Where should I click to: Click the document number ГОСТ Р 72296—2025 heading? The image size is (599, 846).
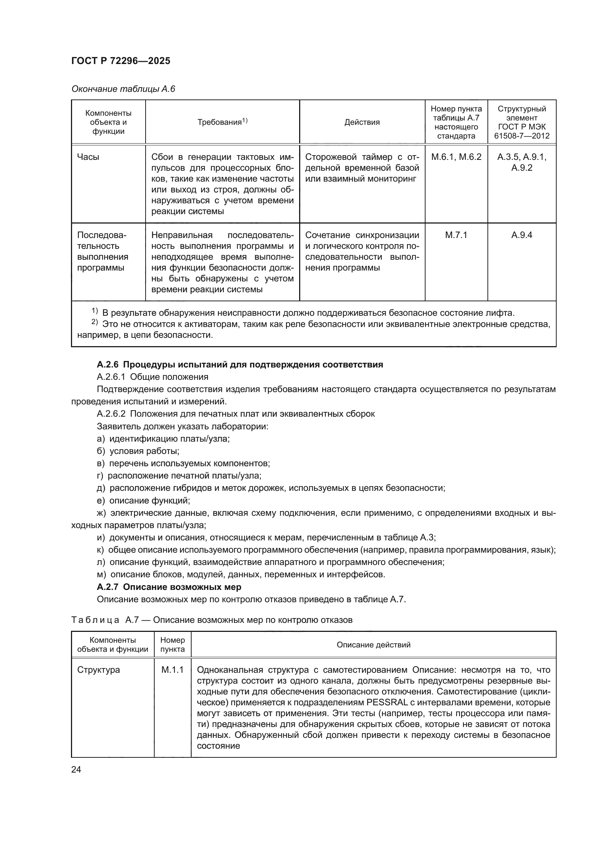[121, 61]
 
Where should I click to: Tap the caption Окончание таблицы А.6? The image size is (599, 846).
[123, 89]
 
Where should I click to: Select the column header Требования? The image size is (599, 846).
[222, 122]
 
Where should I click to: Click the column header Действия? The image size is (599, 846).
[362, 122]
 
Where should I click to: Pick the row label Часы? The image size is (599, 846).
[88, 157]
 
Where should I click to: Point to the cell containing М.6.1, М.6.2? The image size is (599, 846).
[456, 157]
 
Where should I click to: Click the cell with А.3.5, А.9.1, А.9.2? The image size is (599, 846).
[521, 162]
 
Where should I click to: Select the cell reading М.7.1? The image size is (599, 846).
[456, 235]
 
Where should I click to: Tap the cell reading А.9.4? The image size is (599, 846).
[521, 235]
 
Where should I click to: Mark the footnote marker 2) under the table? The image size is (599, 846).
[95, 323]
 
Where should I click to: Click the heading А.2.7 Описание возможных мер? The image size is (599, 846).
[169, 587]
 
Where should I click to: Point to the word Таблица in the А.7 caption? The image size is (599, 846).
[95, 620]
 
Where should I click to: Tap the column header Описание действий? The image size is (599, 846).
[373, 645]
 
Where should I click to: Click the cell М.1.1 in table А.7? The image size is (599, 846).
[172, 670]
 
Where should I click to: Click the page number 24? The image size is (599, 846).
[76, 769]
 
